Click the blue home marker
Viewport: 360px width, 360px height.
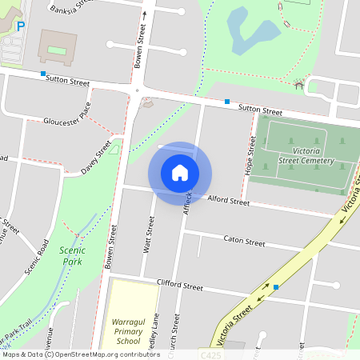(x=180, y=173)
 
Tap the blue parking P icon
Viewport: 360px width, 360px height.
(x=22, y=26)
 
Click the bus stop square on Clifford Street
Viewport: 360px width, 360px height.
(x=276, y=286)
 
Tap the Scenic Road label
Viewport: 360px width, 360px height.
(x=37, y=256)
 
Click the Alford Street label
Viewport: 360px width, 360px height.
(x=229, y=201)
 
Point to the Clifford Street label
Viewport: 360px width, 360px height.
(x=180, y=285)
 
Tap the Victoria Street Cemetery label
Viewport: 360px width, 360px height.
(x=302, y=156)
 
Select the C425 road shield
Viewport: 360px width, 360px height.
(x=210, y=353)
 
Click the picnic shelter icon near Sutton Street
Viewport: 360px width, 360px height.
(x=299, y=83)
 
